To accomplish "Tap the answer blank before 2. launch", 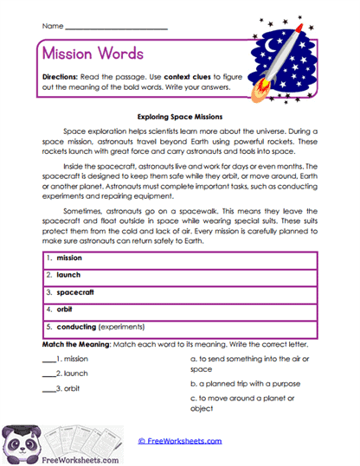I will tap(48, 373).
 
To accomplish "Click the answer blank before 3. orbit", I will tap(48, 390).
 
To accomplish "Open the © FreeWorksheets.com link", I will tap(180, 441).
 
